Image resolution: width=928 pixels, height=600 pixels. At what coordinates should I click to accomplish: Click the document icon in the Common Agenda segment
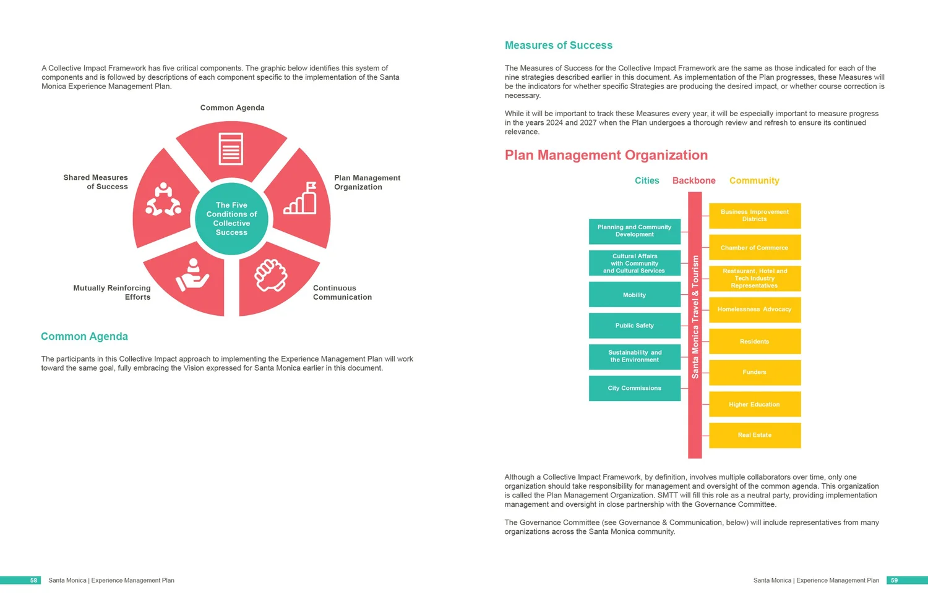click(x=231, y=148)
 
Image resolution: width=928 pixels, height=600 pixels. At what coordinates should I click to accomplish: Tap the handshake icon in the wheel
click(x=271, y=275)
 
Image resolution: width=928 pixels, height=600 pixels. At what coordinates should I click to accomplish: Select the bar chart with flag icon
click(x=301, y=198)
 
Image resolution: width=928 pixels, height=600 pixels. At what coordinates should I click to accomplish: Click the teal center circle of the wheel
click(x=231, y=219)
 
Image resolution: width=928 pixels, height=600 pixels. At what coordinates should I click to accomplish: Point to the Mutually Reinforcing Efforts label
click(x=112, y=292)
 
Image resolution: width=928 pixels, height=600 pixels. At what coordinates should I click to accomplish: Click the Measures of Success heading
click(x=558, y=45)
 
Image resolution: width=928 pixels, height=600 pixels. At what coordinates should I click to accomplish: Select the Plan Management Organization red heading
click(x=606, y=155)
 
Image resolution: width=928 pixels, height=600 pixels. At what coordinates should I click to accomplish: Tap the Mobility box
click(x=634, y=295)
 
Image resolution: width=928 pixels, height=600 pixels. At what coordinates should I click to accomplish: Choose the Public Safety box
click(x=634, y=326)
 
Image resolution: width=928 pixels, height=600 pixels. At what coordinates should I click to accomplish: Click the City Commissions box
click(x=634, y=388)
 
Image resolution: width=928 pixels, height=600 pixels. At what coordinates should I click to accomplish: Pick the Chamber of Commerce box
click(x=754, y=247)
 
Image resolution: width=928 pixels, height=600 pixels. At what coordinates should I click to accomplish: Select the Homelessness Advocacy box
click(x=754, y=309)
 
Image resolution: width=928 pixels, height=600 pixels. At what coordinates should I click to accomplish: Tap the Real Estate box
click(x=754, y=435)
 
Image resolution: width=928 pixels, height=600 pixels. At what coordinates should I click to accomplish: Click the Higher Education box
click(x=754, y=404)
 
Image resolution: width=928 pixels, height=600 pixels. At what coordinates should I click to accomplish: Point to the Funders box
click(x=754, y=372)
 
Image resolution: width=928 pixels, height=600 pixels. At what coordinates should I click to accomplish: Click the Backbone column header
click(x=694, y=180)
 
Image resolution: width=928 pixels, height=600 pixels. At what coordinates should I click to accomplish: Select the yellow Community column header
click(x=754, y=180)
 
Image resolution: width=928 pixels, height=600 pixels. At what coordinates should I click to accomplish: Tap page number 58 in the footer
click(x=33, y=580)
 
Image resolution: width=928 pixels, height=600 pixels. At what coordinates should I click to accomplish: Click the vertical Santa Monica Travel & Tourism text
click(x=695, y=316)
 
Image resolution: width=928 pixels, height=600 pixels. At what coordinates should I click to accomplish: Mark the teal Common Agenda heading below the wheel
click(x=84, y=336)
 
